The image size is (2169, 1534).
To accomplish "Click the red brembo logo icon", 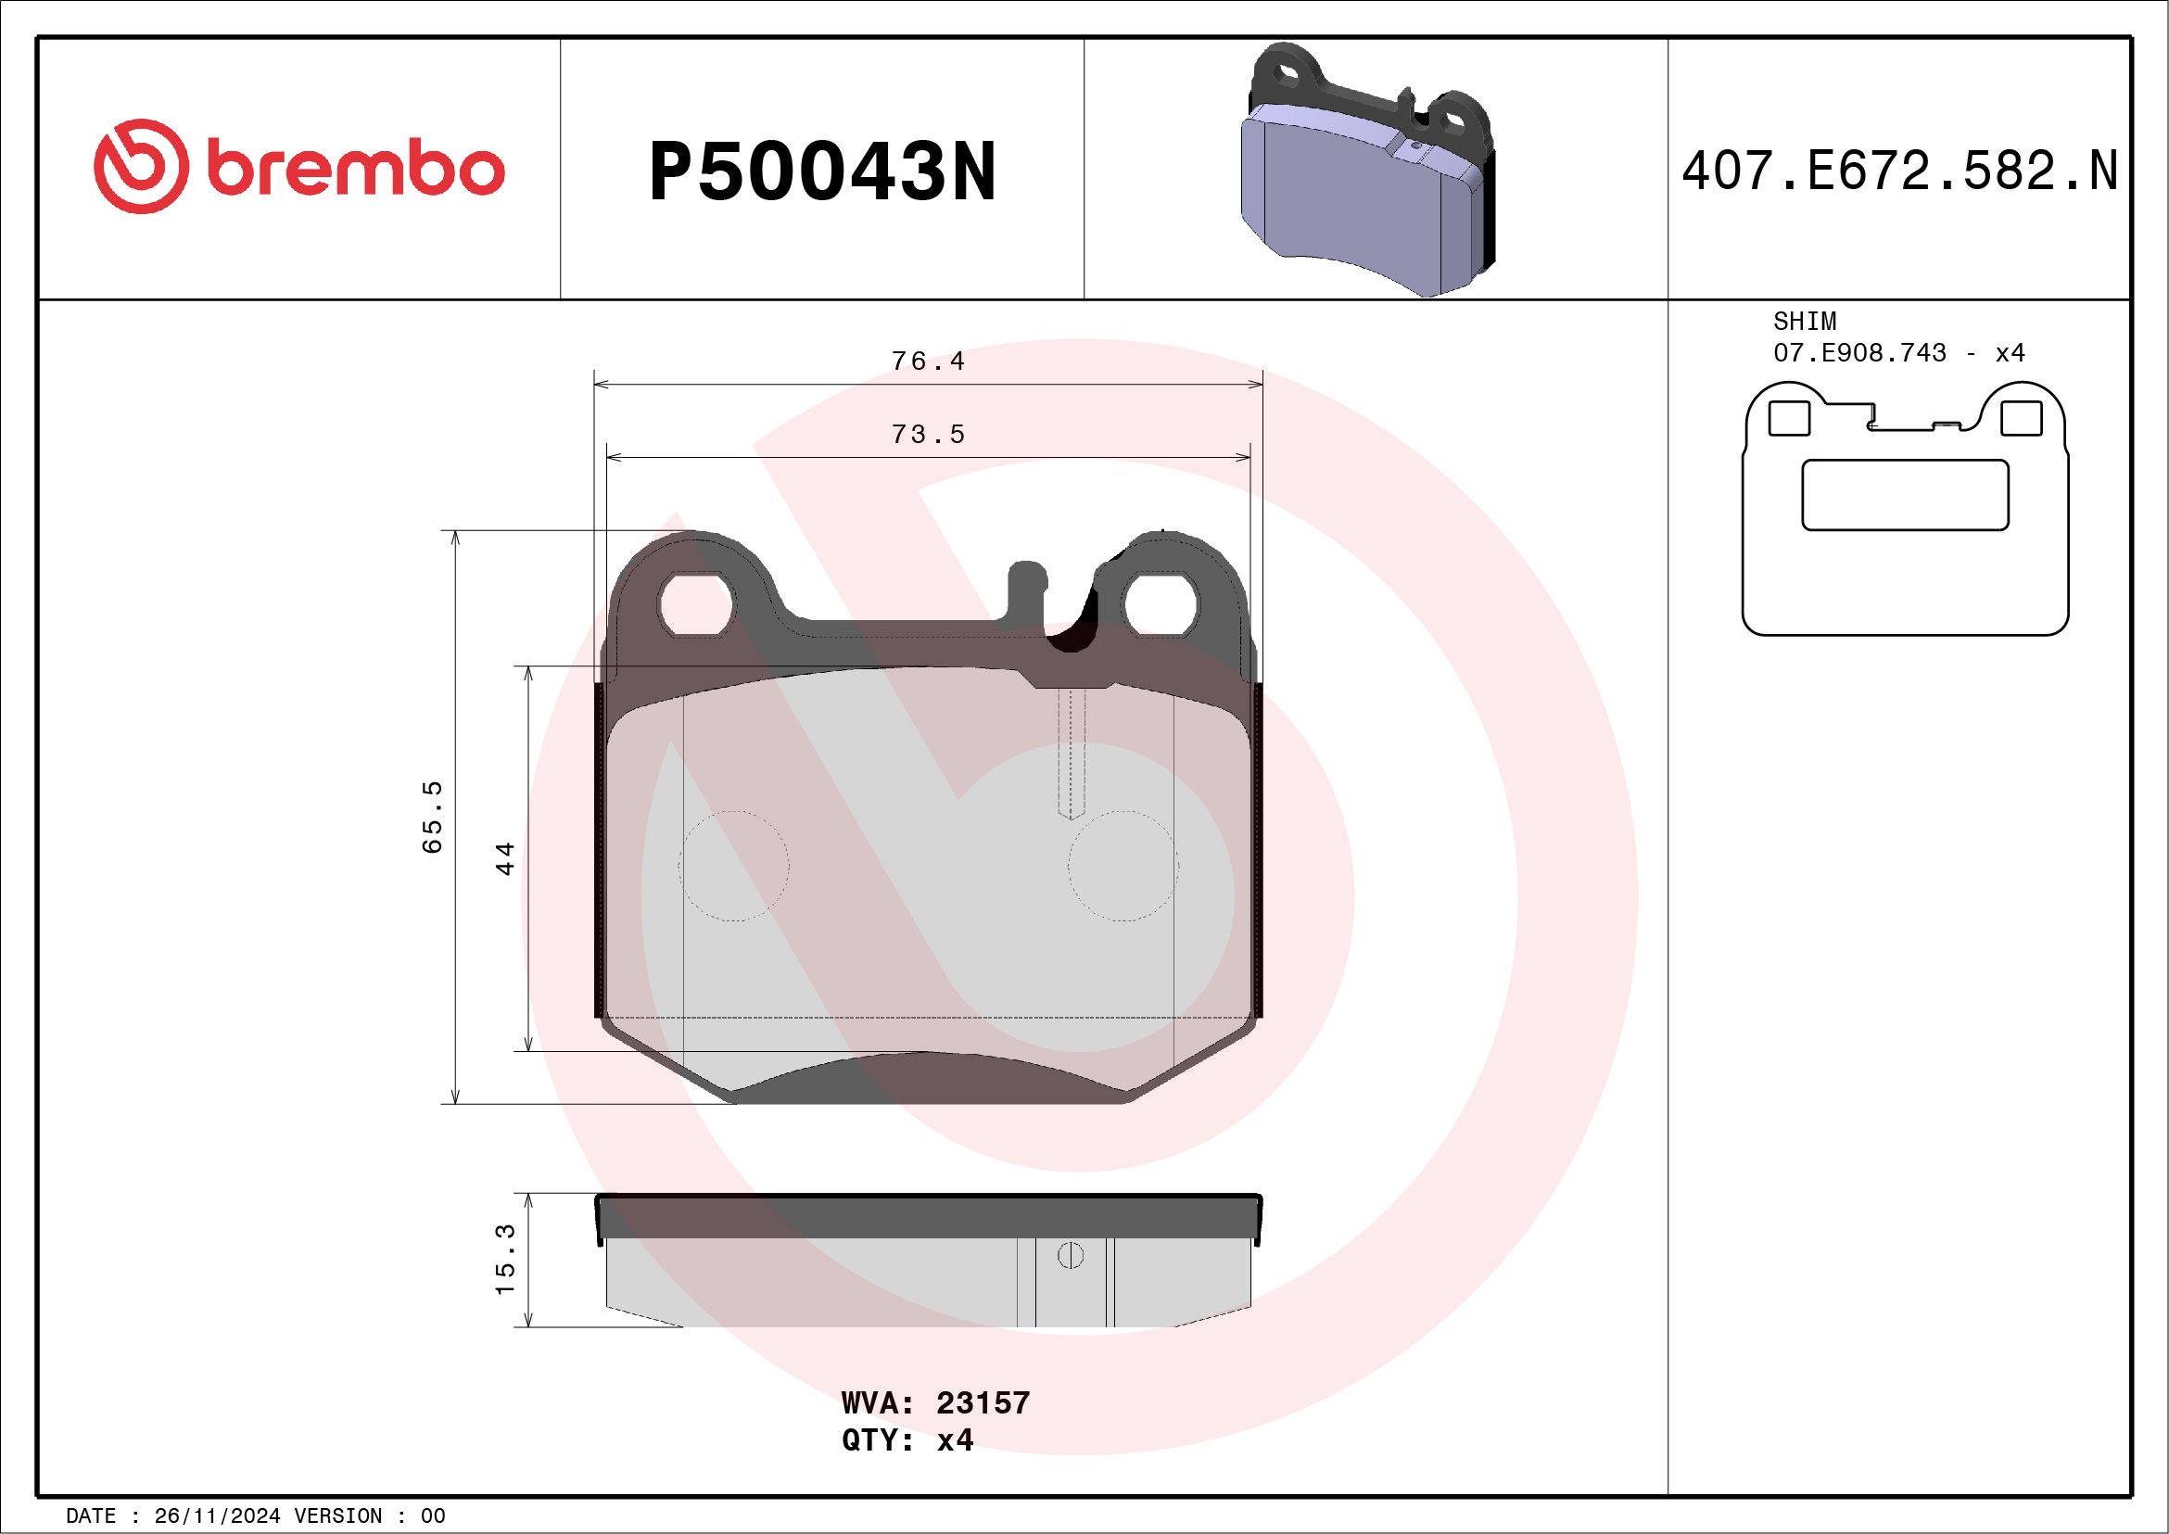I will click(x=138, y=166).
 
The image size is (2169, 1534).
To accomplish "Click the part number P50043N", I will click(x=822, y=171).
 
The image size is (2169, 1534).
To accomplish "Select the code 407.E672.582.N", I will click(x=1899, y=171).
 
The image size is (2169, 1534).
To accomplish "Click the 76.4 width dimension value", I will click(x=928, y=361).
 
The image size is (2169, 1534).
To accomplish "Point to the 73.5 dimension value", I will click(x=928, y=435).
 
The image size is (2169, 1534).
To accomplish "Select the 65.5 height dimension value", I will click(x=432, y=818).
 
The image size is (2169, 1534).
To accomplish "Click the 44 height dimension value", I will click(x=505, y=857).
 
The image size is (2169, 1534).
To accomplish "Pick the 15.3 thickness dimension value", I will click(x=505, y=1259).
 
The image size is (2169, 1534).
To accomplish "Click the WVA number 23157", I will click(x=983, y=1402).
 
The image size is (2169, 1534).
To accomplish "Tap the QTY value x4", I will click(x=954, y=1440).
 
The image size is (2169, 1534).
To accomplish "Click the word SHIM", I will click(x=1805, y=321).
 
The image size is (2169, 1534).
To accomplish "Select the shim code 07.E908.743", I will click(x=1859, y=353).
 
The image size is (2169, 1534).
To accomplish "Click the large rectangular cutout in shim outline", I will click(x=1905, y=495).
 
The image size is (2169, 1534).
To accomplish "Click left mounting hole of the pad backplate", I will click(x=697, y=603).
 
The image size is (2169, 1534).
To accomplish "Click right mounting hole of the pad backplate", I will click(x=1161, y=603).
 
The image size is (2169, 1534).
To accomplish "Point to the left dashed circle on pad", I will click(x=733, y=865).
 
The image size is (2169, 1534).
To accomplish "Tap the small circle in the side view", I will click(x=1071, y=1255).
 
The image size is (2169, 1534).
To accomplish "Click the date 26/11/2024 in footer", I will click(x=217, y=1516).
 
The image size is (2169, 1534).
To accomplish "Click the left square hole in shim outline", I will click(x=1788, y=418).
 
